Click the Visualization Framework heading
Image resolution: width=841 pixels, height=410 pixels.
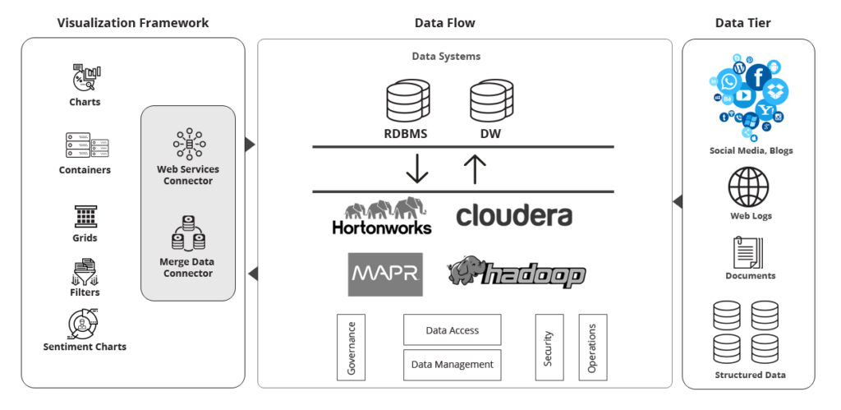(133, 23)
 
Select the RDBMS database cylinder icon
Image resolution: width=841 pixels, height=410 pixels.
(409, 101)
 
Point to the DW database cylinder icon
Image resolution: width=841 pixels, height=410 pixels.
(492, 101)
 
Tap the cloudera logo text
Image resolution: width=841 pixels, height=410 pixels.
(514, 215)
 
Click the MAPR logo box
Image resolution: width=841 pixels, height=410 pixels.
(385, 274)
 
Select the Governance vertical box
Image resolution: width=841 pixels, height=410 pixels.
(352, 347)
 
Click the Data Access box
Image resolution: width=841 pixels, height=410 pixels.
(452, 329)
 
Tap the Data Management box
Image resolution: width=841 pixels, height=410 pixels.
(452, 364)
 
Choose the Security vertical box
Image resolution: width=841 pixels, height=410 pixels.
(549, 347)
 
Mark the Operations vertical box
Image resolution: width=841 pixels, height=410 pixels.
(592, 347)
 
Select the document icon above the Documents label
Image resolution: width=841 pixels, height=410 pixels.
(747, 252)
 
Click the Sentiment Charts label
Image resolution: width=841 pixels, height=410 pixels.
(85, 347)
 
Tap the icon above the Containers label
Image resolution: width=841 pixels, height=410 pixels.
(86, 145)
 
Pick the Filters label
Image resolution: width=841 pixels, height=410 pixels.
(85, 292)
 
